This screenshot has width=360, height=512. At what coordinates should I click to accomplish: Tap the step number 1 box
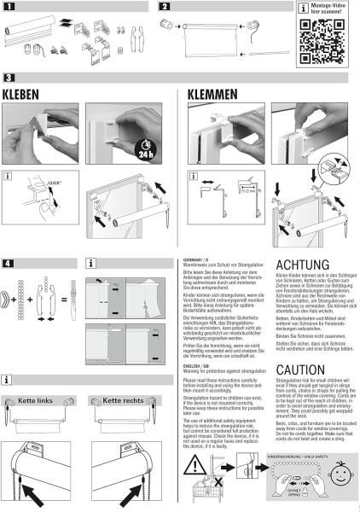[9, 6]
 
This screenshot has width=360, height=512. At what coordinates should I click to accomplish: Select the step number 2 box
[165, 6]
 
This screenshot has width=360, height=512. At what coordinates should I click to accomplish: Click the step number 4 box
[9, 260]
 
